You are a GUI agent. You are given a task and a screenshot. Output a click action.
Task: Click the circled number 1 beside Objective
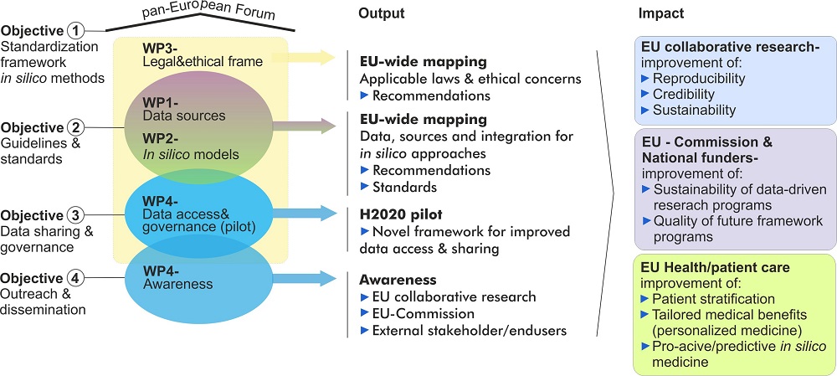(76, 31)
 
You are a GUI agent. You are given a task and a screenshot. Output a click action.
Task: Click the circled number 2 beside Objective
(76, 127)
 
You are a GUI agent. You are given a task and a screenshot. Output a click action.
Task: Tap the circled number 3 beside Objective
(76, 213)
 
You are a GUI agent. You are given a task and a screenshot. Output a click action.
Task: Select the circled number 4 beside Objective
(76, 278)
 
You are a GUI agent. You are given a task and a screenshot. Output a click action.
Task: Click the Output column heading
(381, 14)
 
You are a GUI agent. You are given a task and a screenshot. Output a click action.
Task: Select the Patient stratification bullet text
(713, 299)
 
